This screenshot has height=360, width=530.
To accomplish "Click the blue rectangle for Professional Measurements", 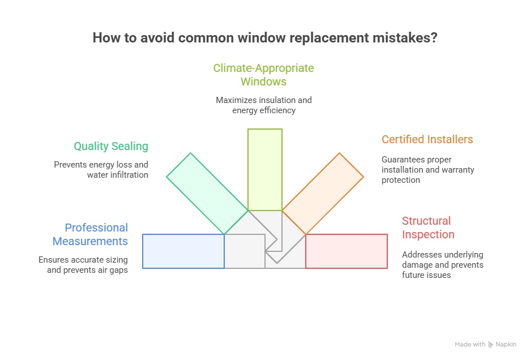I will (183, 251).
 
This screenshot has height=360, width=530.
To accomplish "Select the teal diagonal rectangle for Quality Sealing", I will (207, 193).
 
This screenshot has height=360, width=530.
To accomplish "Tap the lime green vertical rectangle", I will (264, 169).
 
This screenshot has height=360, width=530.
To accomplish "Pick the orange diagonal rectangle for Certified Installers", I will (323, 193).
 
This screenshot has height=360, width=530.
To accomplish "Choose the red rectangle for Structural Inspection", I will (346, 251).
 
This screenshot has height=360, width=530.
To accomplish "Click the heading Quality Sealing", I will (111, 146).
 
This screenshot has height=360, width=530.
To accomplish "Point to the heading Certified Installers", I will (427, 139).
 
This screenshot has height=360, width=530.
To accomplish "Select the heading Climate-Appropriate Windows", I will (263, 75).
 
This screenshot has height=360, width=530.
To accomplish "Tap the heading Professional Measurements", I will (91, 234).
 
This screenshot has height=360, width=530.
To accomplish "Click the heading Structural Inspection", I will (428, 228).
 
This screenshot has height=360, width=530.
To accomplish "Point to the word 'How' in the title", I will (105, 38).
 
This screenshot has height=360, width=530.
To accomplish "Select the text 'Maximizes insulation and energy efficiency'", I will (263, 105).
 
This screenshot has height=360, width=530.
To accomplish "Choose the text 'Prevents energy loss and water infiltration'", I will (101, 170).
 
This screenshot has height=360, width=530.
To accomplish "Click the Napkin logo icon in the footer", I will (491, 344).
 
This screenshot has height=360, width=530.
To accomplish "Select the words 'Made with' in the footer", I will (470, 344).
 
